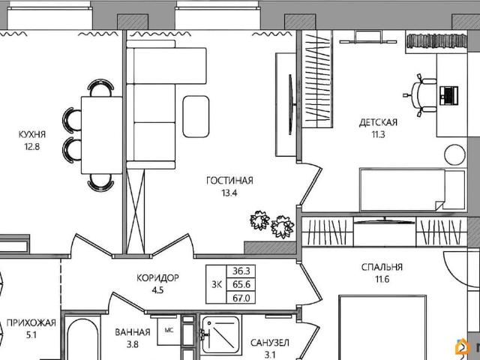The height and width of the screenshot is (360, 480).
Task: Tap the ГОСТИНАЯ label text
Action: point(230,181)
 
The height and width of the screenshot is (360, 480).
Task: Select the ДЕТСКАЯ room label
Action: point(378,121)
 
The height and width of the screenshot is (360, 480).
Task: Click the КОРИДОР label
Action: point(157,277)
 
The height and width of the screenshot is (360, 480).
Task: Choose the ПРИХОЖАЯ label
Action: point(31,323)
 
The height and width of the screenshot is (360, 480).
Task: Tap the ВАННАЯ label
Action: point(133,331)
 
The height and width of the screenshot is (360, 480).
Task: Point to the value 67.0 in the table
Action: point(240,298)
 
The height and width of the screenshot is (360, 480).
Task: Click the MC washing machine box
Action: point(169,329)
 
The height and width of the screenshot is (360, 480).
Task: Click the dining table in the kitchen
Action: point(98,136)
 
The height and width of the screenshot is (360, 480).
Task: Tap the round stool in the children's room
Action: point(455,155)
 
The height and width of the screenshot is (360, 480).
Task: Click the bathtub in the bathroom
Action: point(82,341)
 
